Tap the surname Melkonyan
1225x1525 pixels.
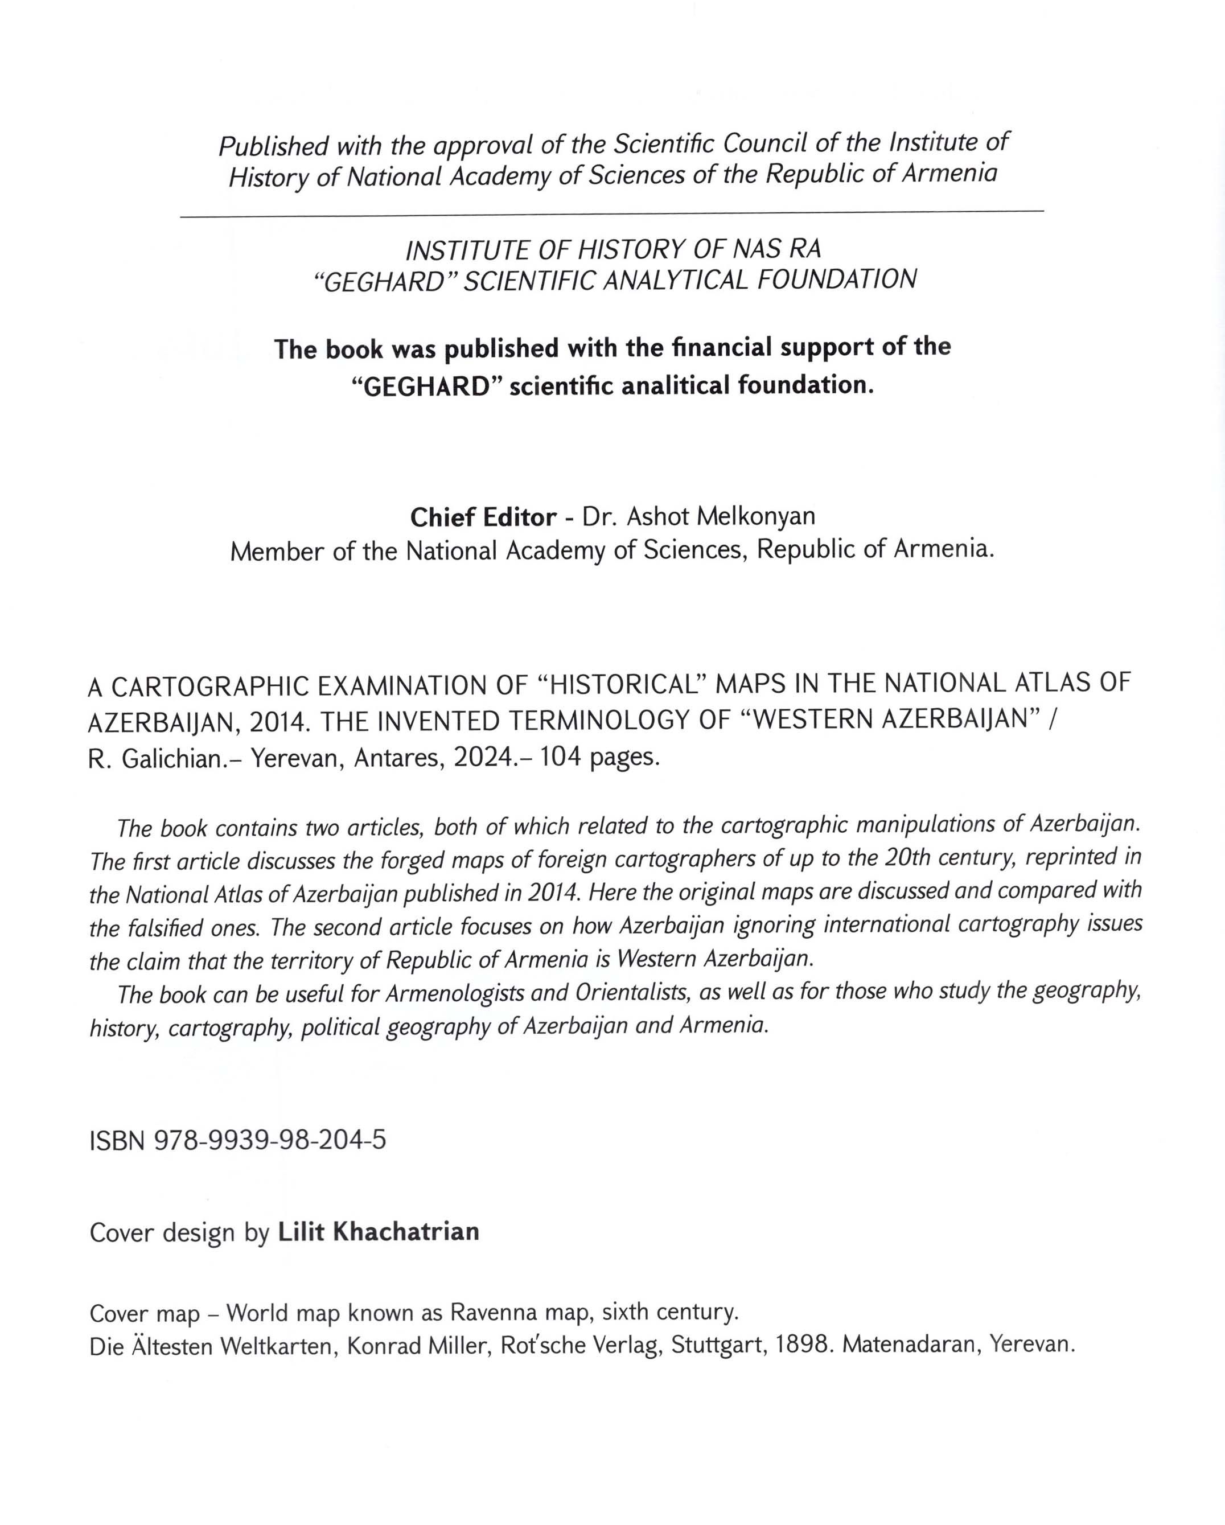click(756, 517)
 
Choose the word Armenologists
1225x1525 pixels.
click(455, 994)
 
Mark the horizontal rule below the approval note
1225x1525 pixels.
click(612, 212)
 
